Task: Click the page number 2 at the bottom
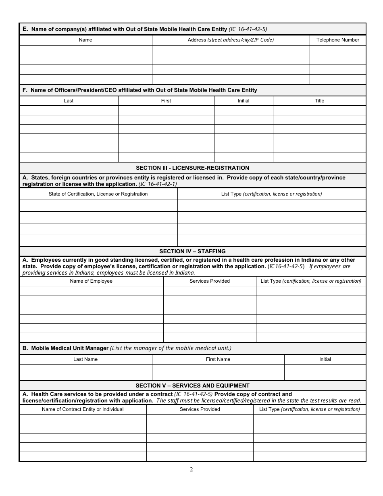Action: pyautogui.click(x=191, y=469)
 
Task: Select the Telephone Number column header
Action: pyautogui.click(x=337, y=40)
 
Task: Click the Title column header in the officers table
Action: pyautogui.click(x=319, y=101)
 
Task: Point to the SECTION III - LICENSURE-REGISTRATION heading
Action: pyautogui.click(x=192, y=168)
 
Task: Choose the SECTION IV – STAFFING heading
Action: pyautogui.click(x=192, y=251)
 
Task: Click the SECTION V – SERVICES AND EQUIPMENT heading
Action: pyautogui.click(x=192, y=386)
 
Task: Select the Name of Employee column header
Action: pyautogui.click(x=91, y=281)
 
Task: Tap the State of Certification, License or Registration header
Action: pyautogui.click(x=98, y=194)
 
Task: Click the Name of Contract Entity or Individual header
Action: pyautogui.click(x=83, y=409)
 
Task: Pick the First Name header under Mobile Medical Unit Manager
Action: pyautogui.click(x=218, y=359)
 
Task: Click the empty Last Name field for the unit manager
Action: pyautogui.click(x=85, y=372)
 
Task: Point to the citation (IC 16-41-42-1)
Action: pyautogui.click(x=158, y=184)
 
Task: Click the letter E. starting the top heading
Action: pyautogui.click(x=25, y=29)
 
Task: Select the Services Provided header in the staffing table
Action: pyautogui.click(x=210, y=281)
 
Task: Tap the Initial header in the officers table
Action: pyautogui.click(x=244, y=101)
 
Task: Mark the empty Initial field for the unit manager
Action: pyautogui.click(x=325, y=372)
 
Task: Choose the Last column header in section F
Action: pyautogui.click(x=69, y=101)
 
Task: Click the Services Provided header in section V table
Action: pyautogui.click(x=200, y=409)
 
